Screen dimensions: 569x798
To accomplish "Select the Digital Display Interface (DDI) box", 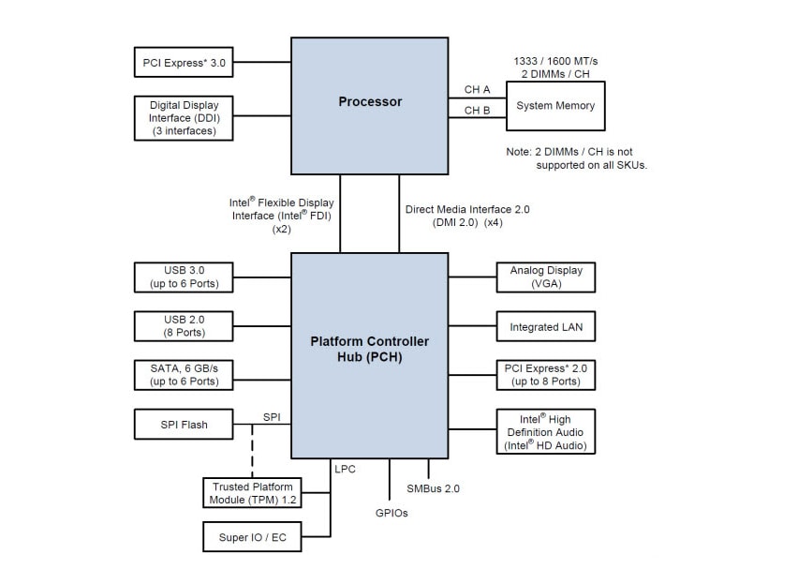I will pos(184,118).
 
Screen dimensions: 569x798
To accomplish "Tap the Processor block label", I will pos(370,101).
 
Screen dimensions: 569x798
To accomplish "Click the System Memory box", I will pos(555,106).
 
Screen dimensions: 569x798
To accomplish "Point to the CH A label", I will pos(477,90).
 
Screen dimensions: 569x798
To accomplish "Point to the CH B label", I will pos(477,111).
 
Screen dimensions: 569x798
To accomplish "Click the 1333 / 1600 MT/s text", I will pos(555,61).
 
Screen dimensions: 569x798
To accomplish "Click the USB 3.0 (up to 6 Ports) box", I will pos(184,277).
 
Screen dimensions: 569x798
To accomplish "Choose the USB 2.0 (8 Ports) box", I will pos(184,326).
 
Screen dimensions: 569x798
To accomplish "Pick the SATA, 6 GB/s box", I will pos(184,375).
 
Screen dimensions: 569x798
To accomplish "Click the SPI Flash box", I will pos(184,425).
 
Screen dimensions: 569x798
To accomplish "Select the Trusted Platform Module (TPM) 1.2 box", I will pos(252,493).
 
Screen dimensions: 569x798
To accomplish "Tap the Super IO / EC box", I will pos(252,538).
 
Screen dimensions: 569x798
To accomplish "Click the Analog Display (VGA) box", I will pos(546,277).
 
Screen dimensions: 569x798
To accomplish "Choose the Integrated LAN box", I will pos(546,327).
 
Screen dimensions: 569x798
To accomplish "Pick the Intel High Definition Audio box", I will pos(546,432).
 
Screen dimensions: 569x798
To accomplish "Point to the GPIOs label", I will pos(391,513).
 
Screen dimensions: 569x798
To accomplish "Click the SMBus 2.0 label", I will pos(433,488).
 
